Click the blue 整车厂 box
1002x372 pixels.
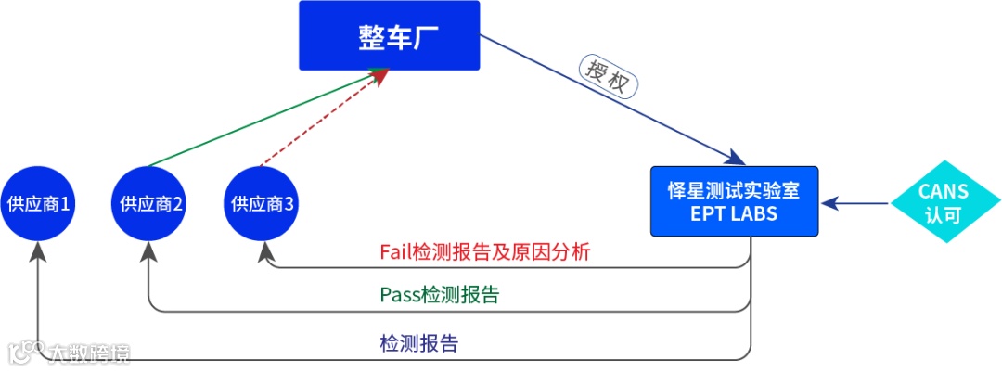click(x=389, y=35)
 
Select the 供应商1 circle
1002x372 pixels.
click(x=38, y=202)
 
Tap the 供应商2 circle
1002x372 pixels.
click(x=148, y=202)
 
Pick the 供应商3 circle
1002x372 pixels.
click(x=263, y=202)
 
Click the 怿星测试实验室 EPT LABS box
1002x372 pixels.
click(x=733, y=201)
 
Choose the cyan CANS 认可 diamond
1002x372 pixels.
click(x=944, y=202)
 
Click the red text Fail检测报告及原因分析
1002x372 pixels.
click(x=485, y=251)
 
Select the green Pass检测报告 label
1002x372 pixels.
click(x=439, y=295)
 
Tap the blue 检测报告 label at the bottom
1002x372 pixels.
click(x=418, y=344)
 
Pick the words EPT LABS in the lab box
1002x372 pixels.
click(x=733, y=213)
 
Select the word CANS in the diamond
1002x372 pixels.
click(x=944, y=191)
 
